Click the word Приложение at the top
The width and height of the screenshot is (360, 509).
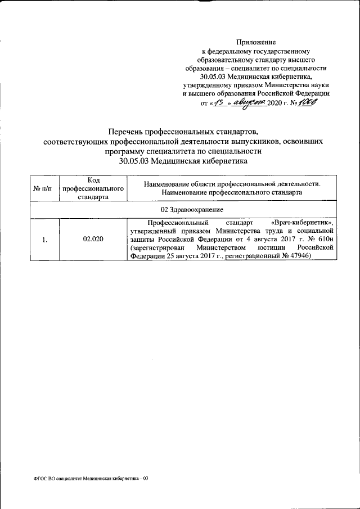[x=255, y=42]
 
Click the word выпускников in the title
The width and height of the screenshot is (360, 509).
[x=262, y=141]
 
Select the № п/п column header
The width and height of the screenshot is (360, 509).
[x=45, y=188]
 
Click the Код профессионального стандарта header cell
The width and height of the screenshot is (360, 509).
[x=93, y=188]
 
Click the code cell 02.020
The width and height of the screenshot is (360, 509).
[x=93, y=240]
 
